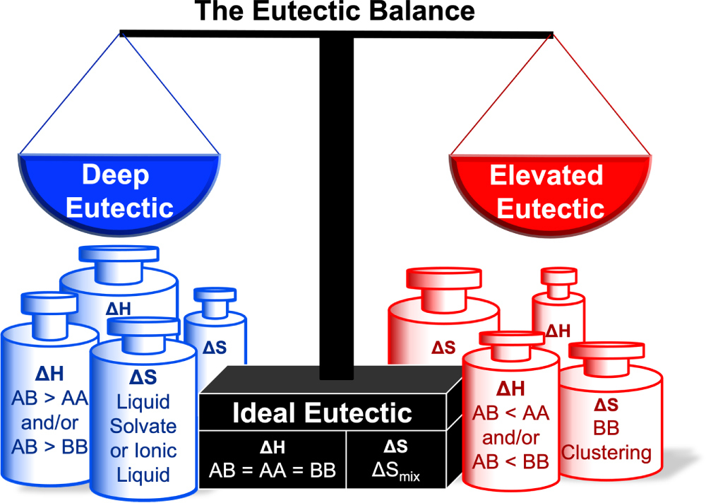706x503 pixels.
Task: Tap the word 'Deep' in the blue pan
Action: pyautogui.click(x=116, y=174)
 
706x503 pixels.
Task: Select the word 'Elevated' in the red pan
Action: pyautogui.click(x=546, y=174)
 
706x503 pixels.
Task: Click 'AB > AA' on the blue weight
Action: pyautogui.click(x=49, y=399)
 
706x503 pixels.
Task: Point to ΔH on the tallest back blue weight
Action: pyautogui.click(x=118, y=308)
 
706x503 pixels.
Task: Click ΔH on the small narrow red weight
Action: pyautogui.click(x=558, y=330)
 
